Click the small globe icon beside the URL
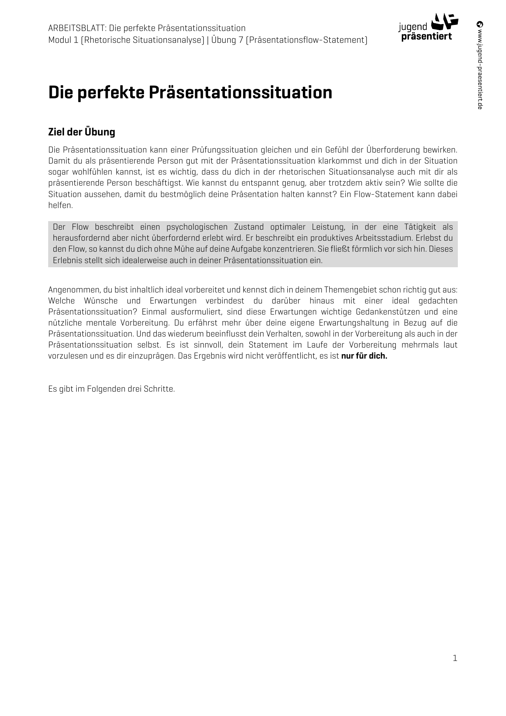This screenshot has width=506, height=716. [480, 24]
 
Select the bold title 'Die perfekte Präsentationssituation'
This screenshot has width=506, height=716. [190, 93]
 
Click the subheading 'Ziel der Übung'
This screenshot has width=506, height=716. [82, 132]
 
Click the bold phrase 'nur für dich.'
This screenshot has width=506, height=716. [364, 356]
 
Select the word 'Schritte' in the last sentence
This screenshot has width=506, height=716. [159, 389]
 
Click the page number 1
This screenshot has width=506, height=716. [455, 658]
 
